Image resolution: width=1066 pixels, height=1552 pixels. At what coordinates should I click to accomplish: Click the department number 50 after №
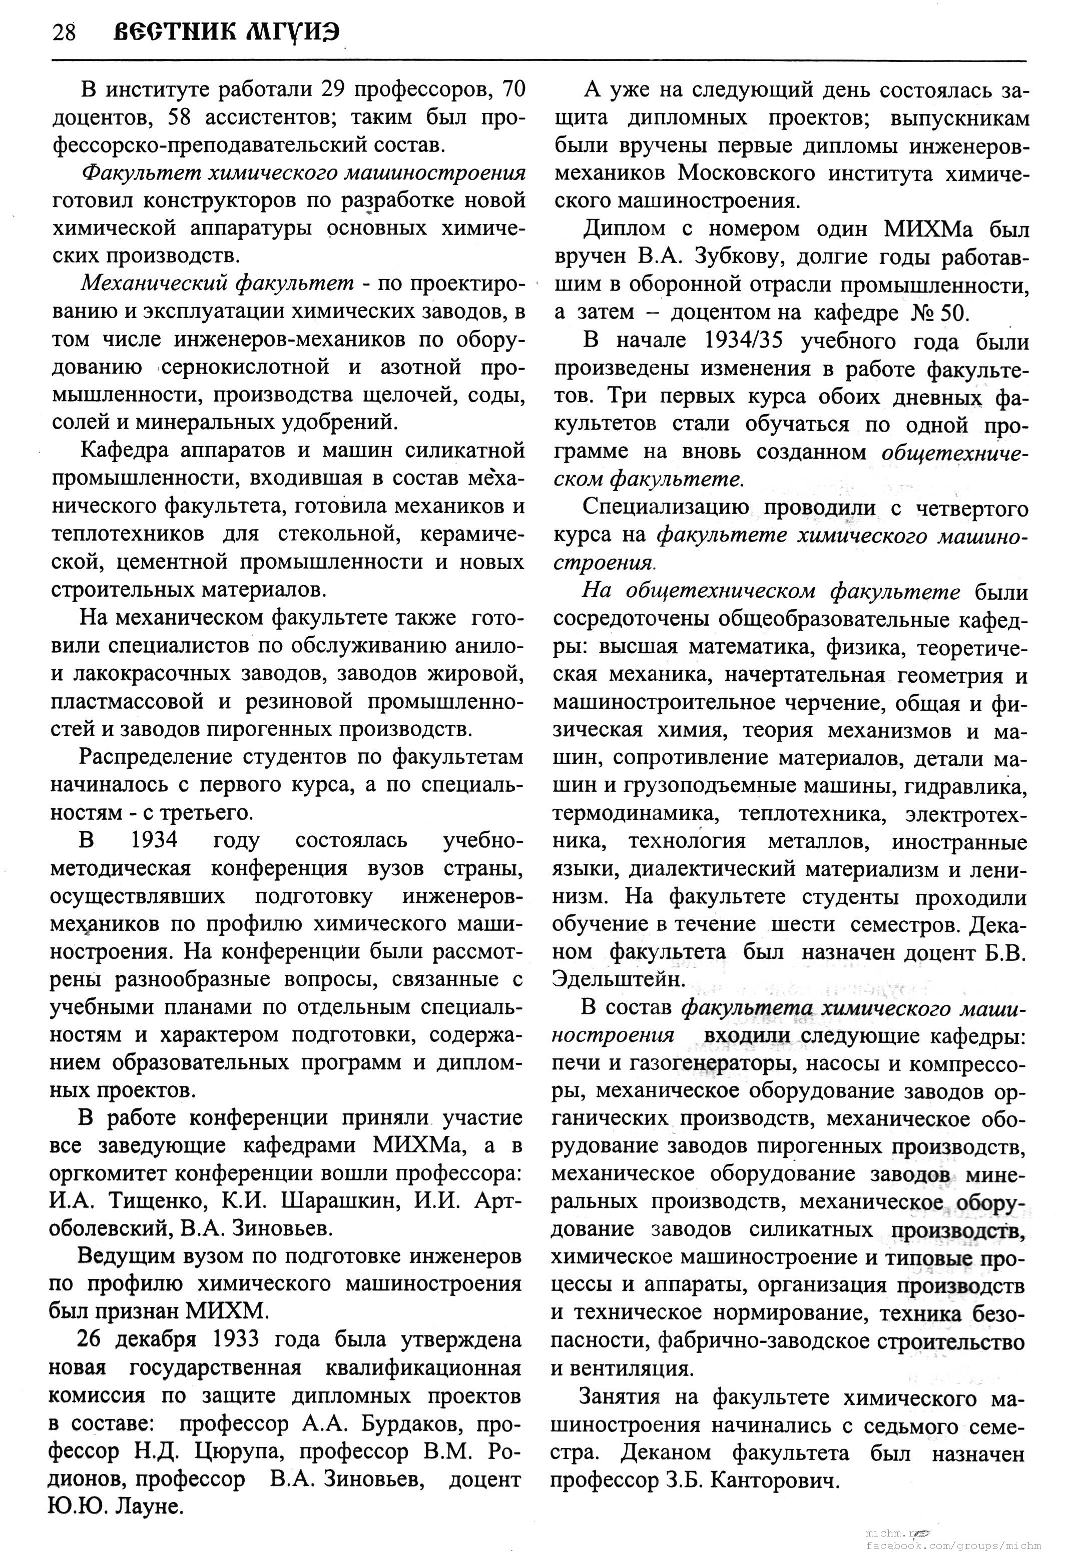pyautogui.click(x=952, y=313)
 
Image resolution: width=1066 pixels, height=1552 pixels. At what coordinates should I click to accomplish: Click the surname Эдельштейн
pyautogui.click(x=608, y=980)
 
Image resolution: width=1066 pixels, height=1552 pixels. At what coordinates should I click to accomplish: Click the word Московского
pyautogui.click(x=745, y=173)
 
